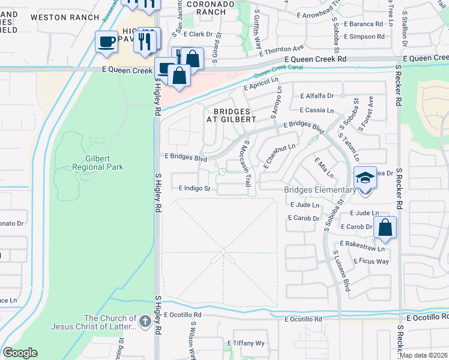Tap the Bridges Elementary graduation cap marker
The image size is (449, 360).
click(x=364, y=178)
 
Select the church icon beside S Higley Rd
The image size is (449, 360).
click(x=145, y=322)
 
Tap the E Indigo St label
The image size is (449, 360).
click(x=194, y=188)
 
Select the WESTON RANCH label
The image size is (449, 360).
click(x=64, y=17)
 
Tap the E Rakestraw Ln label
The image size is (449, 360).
click(x=361, y=246)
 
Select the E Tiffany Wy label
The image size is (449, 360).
click(x=246, y=343)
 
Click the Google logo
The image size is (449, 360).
click(x=20, y=352)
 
